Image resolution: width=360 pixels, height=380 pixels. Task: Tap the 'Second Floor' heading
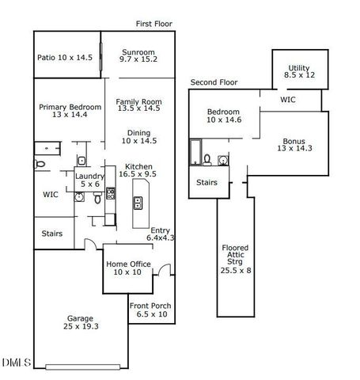coord(214,82)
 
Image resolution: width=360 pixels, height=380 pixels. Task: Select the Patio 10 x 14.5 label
coord(65,57)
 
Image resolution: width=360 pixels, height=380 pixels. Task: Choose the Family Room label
coord(138,104)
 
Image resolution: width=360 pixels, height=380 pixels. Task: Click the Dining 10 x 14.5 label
coord(138,136)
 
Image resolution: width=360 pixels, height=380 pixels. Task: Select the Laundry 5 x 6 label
coord(88,180)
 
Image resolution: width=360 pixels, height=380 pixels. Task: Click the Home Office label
coord(127,268)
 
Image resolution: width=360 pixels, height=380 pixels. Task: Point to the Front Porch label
coord(150,310)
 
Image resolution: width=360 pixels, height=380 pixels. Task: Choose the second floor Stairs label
coord(207,181)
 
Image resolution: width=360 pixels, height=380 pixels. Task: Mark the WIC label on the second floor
coord(288,101)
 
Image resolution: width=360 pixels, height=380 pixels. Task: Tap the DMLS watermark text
coord(17,363)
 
